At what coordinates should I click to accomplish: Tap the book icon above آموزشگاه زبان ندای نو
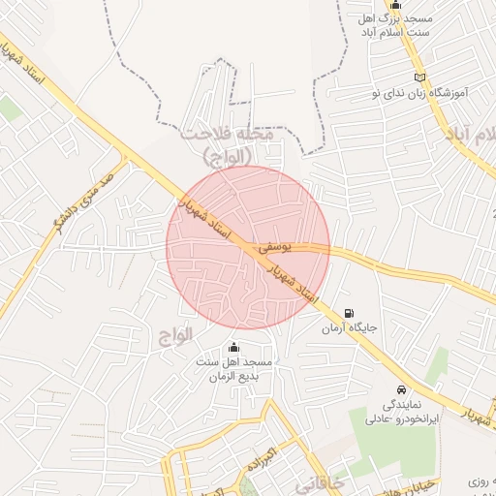click(x=418, y=77)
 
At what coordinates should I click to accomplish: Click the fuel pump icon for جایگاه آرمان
click(x=349, y=313)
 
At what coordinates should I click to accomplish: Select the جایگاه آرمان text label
click(x=349, y=328)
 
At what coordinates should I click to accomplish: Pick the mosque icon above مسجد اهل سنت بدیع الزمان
click(x=232, y=347)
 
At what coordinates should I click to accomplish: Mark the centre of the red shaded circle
click(x=248, y=248)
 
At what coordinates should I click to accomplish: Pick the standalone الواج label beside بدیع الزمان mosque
click(x=174, y=333)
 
